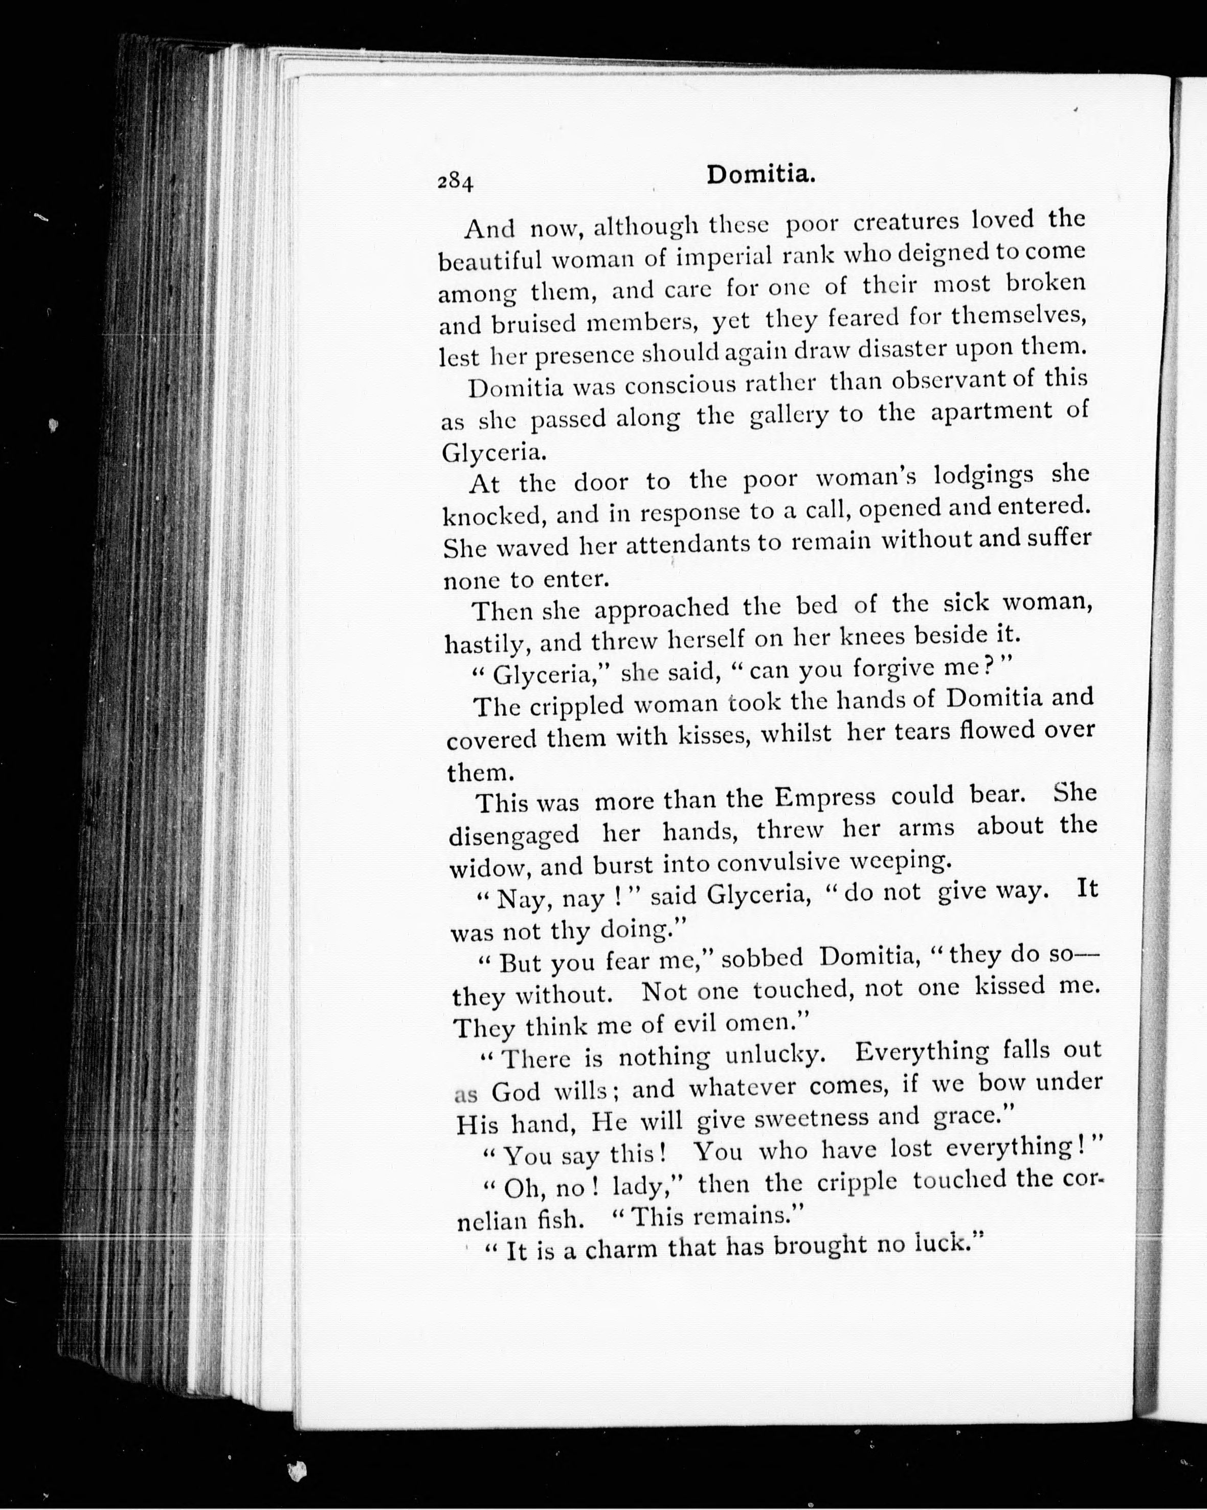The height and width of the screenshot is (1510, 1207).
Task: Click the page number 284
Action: [x=456, y=182]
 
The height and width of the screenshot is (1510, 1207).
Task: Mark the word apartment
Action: [x=991, y=412]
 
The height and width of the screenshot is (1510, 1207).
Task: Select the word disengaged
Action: [x=513, y=835]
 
